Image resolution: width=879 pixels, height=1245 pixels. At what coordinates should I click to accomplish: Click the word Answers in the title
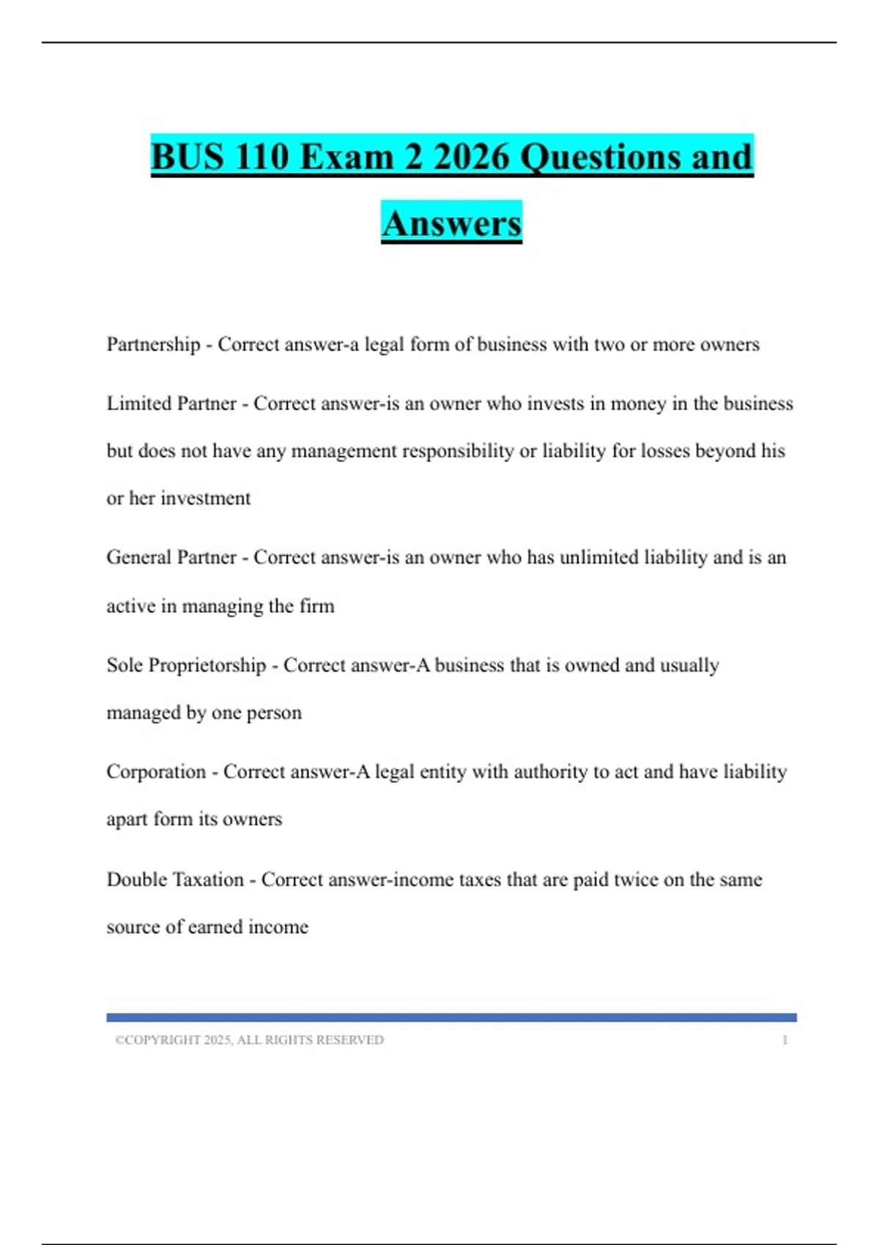[451, 223]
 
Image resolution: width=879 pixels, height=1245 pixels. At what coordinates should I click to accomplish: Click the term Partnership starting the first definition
[153, 344]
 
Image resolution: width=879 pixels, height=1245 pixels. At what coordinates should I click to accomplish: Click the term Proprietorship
[207, 665]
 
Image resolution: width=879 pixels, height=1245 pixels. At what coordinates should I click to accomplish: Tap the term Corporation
[156, 772]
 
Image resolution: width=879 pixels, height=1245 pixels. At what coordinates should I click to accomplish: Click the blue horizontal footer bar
[451, 1017]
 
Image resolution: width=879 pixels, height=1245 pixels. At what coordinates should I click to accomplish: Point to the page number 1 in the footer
[785, 1040]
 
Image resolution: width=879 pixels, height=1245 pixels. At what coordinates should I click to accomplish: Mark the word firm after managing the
[317, 606]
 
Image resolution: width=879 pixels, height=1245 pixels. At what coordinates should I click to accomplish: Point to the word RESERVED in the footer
[355, 1040]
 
